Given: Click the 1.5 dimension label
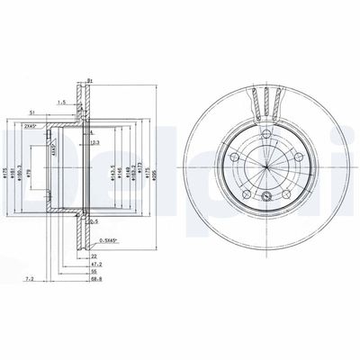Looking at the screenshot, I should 61,102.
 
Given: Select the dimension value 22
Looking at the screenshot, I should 94,256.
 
